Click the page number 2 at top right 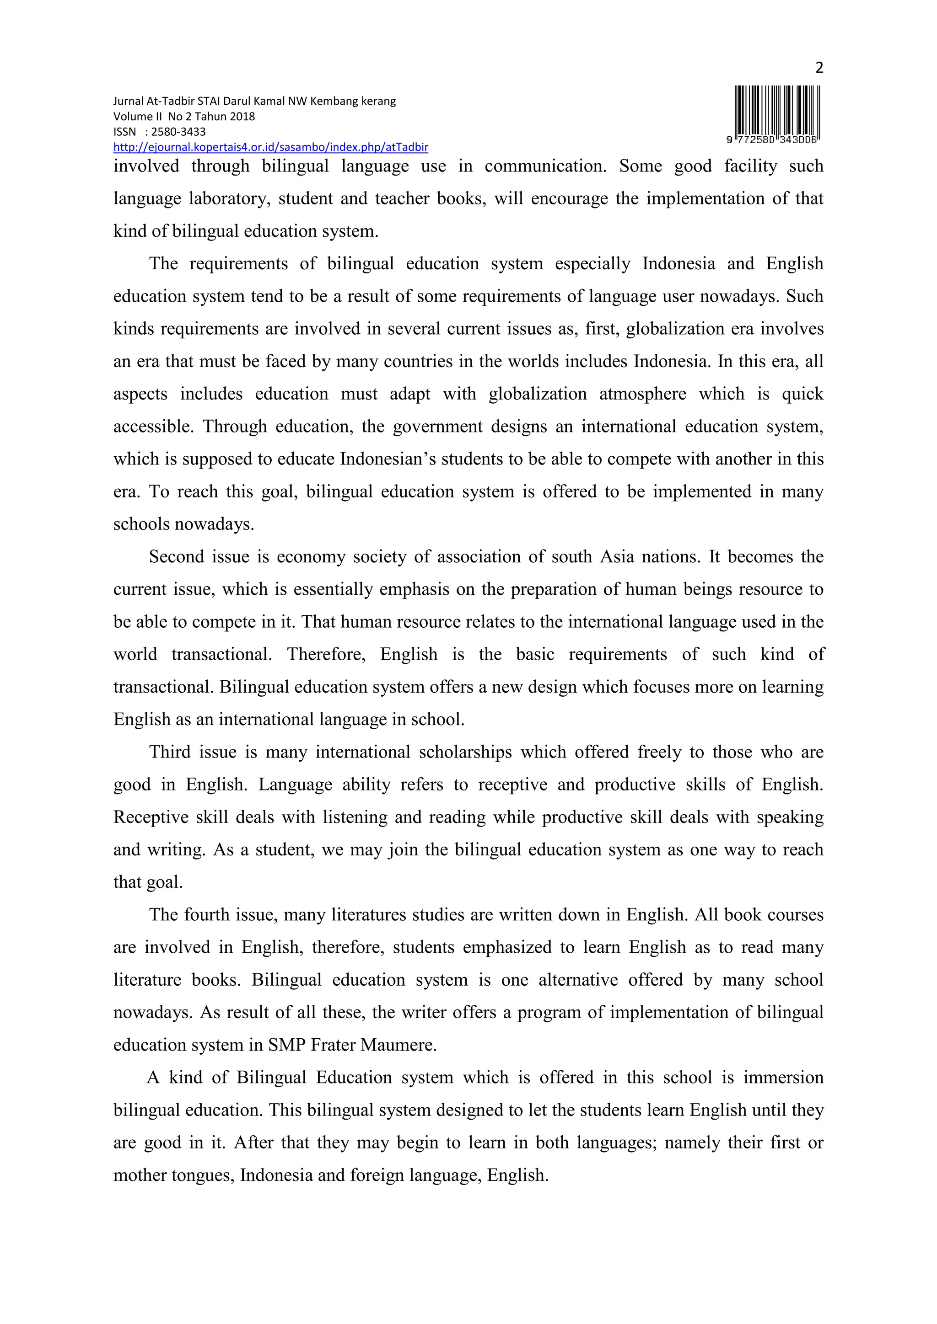coord(819,69)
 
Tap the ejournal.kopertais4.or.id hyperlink coord(270,147)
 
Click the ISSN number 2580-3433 coord(178,132)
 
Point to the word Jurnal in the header coord(128,101)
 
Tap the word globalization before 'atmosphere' coord(537,394)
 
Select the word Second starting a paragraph coord(176,556)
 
